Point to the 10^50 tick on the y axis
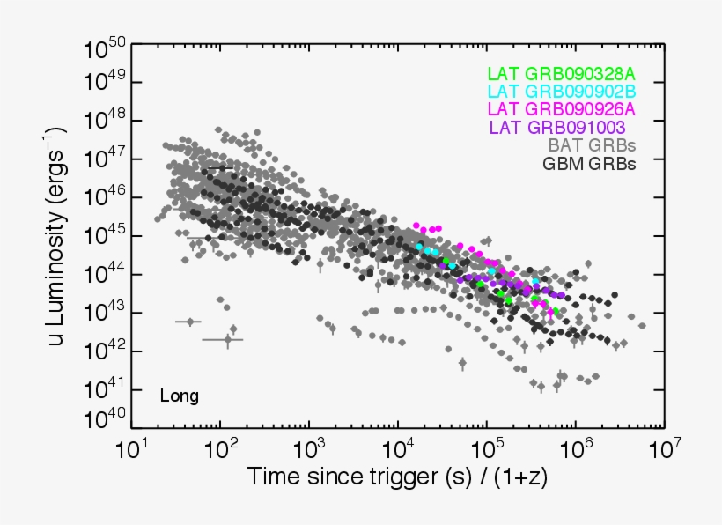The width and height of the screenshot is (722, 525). [x=105, y=47]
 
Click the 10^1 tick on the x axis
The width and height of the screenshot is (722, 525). [x=132, y=449]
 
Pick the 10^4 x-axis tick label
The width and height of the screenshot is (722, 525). [x=398, y=449]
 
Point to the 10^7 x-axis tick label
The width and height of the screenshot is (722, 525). [x=662, y=449]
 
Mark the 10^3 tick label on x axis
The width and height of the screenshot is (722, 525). [x=310, y=449]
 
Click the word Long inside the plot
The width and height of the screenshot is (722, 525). [x=179, y=396]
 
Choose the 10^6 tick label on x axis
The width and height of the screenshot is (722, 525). [x=574, y=449]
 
